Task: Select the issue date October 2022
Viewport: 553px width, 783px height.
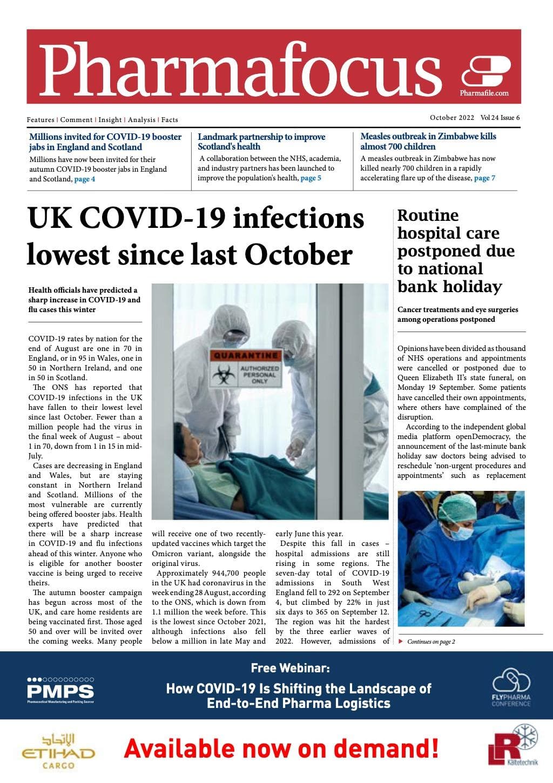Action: [x=452, y=118]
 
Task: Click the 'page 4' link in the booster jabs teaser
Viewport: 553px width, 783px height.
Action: [x=85, y=179]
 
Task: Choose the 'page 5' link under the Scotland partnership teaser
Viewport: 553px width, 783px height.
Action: [x=311, y=178]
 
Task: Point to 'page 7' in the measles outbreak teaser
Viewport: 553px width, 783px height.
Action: [x=484, y=178]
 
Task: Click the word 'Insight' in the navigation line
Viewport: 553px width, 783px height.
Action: [x=110, y=120]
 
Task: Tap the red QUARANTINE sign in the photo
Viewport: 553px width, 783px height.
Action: [x=245, y=355]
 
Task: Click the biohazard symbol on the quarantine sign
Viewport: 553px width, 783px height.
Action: [x=222, y=374]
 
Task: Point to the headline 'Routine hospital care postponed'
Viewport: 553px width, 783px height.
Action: [x=456, y=251]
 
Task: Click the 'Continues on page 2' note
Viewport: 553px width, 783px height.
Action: [x=430, y=642]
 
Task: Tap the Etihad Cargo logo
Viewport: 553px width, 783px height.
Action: [x=58, y=752]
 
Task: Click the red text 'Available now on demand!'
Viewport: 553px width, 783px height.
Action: [x=281, y=749]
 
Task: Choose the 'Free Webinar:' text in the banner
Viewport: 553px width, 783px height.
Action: [x=290, y=668]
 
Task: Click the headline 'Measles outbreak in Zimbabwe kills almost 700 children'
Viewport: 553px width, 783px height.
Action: [x=428, y=141]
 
